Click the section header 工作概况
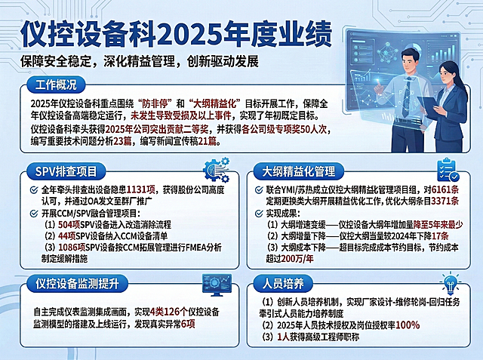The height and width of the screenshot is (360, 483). tap(56, 85)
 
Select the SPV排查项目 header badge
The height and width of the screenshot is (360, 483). tap(66, 171)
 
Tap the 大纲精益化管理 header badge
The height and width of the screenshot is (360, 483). tap(298, 171)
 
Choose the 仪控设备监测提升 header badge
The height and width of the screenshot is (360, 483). tap(77, 283)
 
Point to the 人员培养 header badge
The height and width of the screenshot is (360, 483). tap(283, 283)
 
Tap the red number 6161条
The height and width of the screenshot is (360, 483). tap(445, 189)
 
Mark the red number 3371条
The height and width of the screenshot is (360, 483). tap(445, 201)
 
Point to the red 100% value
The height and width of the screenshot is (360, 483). tap(408, 325)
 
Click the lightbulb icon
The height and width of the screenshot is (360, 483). tap(451, 283)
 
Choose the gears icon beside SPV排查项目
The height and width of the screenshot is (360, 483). tap(217, 169)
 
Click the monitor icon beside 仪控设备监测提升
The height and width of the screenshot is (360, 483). tap(217, 285)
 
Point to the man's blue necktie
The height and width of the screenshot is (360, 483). tap(408, 97)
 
